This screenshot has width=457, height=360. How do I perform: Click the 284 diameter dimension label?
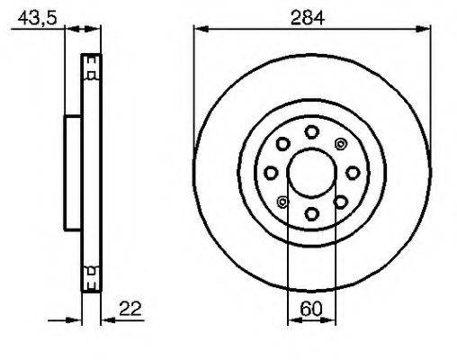pyautogui.click(x=308, y=18)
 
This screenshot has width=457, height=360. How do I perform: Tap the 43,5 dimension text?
pyautogui.click(x=37, y=18)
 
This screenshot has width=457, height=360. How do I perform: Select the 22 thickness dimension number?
pyautogui.click(x=130, y=309)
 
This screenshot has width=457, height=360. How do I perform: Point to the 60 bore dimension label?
pyautogui.click(x=311, y=309)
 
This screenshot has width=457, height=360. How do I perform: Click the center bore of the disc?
pyautogui.click(x=311, y=173)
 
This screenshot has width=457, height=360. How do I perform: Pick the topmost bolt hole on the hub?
pyautogui.click(x=311, y=132)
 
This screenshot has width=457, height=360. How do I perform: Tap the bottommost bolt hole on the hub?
pyautogui.click(x=311, y=213)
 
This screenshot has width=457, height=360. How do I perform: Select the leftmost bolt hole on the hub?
pyautogui.click(x=271, y=173)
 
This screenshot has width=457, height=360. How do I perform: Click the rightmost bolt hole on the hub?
pyautogui.click(x=353, y=173)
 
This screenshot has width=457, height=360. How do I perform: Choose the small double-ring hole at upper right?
pyautogui.click(x=340, y=144)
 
